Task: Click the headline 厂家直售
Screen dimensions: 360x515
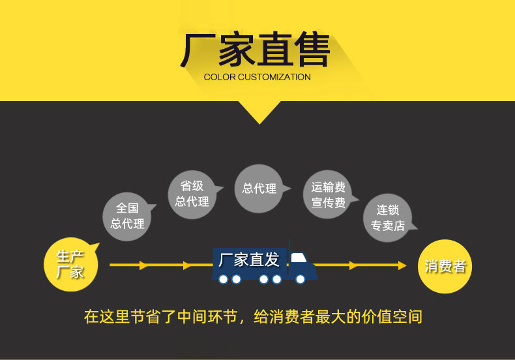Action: (255, 51)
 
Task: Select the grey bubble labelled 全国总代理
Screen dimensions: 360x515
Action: (127, 216)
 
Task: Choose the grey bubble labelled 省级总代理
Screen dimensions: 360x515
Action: (192, 194)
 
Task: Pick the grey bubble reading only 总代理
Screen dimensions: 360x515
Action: (259, 188)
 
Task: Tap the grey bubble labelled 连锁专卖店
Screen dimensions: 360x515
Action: (387, 217)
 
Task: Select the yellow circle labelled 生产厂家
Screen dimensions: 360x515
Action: (70, 265)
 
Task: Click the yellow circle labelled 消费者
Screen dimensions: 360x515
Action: (445, 266)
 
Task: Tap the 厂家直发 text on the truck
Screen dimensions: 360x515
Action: (248, 260)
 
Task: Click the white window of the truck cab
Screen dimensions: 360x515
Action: (299, 258)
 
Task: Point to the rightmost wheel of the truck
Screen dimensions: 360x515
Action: (301, 279)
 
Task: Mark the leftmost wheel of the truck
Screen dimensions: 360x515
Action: (223, 279)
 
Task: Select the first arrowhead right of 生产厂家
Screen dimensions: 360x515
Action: (144, 265)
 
